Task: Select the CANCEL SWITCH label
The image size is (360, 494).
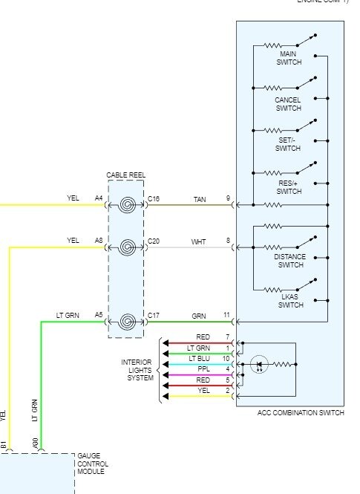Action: [x=287, y=104]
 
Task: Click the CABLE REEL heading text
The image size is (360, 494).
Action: [x=125, y=175]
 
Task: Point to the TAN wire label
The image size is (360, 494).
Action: [x=200, y=199]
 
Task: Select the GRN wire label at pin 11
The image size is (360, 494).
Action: [x=200, y=316]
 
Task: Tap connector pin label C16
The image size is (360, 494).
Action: [x=154, y=199]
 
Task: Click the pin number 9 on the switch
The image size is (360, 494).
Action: [x=228, y=199]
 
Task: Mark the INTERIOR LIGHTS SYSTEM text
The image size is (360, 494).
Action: [x=137, y=370]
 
